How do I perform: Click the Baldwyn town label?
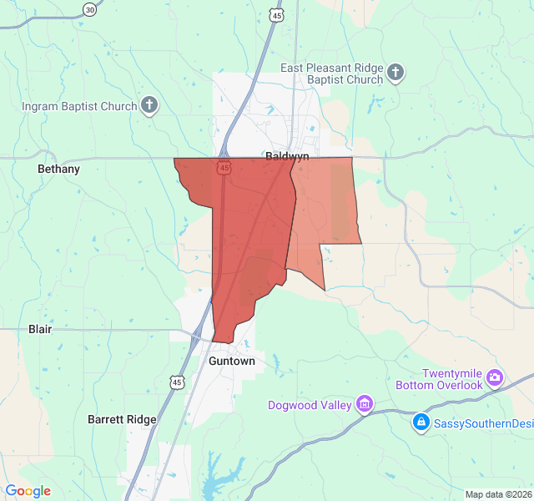(288, 156)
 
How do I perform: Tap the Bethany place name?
(58, 169)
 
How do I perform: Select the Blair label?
(40, 329)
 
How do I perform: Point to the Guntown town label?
(231, 362)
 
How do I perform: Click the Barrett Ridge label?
(122, 419)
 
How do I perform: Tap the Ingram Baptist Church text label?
(79, 106)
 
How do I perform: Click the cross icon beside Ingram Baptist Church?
(149, 105)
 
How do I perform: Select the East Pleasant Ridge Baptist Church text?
(332, 73)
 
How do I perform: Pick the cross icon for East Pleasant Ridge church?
(395, 73)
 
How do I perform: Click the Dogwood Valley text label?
(310, 406)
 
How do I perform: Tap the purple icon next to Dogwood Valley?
(364, 405)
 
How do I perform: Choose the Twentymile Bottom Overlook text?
(452, 379)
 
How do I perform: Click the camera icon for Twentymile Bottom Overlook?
(495, 379)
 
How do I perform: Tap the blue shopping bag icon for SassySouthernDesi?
(422, 423)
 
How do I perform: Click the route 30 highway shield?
(89, 9)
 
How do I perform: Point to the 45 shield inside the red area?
(224, 168)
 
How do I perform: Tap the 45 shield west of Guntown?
(176, 382)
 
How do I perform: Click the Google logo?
(28, 491)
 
